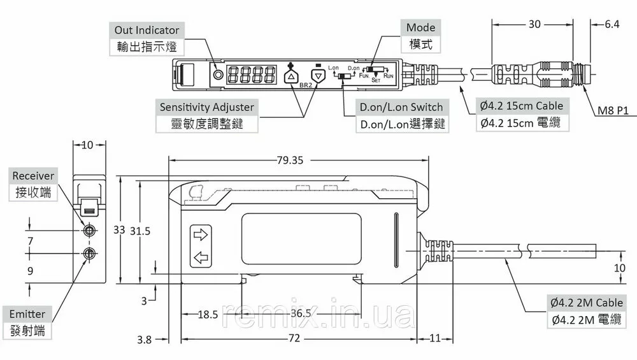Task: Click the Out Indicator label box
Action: [147, 38]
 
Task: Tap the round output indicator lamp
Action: [219, 74]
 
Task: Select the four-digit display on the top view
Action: [253, 74]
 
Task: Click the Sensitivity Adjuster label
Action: [206, 115]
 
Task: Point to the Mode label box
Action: [421, 36]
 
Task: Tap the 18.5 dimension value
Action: [208, 314]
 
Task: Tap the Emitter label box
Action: [28, 322]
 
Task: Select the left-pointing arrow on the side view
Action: [200, 258]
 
